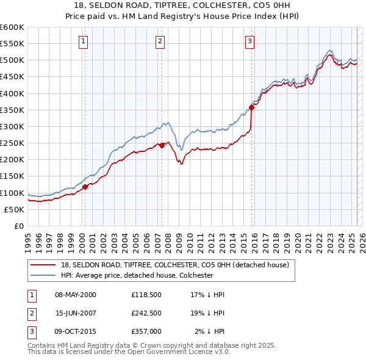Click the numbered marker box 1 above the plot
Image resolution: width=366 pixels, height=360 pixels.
click(83, 41)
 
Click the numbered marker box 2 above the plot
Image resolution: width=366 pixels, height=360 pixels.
click(160, 41)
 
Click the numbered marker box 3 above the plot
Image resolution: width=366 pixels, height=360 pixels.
click(249, 41)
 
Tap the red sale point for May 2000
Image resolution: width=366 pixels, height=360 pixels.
click(85, 187)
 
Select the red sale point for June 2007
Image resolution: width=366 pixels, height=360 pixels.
click(162, 145)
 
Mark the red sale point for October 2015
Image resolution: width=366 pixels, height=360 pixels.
click(252, 107)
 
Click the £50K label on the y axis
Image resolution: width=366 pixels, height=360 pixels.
click(14, 209)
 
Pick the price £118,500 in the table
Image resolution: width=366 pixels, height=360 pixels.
click(146, 295)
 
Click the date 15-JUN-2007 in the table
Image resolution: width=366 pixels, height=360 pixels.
click(76, 313)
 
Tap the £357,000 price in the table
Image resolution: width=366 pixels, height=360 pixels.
click(146, 331)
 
